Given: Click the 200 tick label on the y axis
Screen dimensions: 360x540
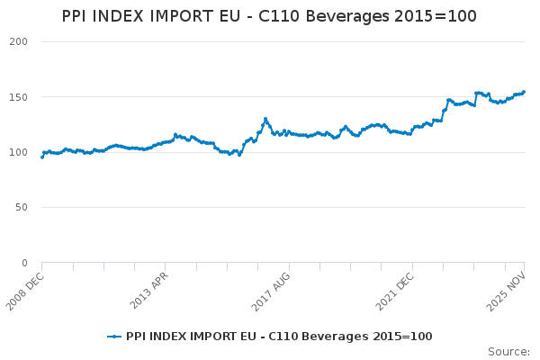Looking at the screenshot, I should (x=18, y=42).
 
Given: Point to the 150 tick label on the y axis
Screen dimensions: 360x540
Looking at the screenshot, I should (x=18, y=97).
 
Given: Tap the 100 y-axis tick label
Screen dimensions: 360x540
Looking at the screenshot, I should (x=18, y=152).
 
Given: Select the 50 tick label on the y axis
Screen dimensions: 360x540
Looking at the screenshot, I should (x=22, y=208).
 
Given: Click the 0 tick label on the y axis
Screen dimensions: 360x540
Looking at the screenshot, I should (x=24, y=263).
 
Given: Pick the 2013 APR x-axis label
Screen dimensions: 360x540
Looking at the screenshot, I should (x=148, y=289).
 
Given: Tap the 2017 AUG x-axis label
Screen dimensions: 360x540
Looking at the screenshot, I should (x=272, y=289).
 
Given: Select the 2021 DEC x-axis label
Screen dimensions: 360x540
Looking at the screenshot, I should (x=395, y=289).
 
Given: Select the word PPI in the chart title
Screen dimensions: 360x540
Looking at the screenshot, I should (x=76, y=17).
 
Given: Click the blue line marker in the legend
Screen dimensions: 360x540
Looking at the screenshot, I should (x=114, y=337).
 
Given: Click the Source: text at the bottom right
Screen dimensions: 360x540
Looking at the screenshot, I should (x=508, y=351).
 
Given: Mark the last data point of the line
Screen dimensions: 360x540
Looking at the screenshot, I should (x=524, y=91).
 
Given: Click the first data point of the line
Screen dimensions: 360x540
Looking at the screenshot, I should (x=41, y=157).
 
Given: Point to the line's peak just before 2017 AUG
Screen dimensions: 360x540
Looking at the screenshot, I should (x=265, y=118).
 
